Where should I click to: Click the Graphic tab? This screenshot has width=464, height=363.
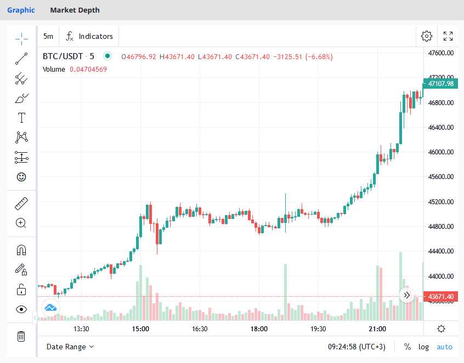point(21,10)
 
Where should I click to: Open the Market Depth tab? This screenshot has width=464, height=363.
point(75,10)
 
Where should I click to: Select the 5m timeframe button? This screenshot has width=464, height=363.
point(48,36)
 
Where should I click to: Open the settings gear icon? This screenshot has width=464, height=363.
point(426,36)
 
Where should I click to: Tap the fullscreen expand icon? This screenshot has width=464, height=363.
point(448,36)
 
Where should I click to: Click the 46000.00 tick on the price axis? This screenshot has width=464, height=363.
point(442,152)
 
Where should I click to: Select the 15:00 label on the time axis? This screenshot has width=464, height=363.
point(140,329)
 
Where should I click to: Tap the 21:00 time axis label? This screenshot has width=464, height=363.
point(377,329)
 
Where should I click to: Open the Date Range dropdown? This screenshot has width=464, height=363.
point(70,347)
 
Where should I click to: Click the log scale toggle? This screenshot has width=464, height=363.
point(423,347)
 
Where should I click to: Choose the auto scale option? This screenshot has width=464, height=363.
point(444,347)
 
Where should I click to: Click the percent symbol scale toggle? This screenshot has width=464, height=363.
point(407,347)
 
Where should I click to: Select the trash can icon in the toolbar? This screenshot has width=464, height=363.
point(21,336)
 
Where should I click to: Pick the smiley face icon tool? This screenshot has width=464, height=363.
point(21,177)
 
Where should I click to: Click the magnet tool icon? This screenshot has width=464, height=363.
point(21,250)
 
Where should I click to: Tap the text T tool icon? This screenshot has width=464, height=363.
point(21,118)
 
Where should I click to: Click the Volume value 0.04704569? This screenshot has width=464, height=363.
point(88,69)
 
